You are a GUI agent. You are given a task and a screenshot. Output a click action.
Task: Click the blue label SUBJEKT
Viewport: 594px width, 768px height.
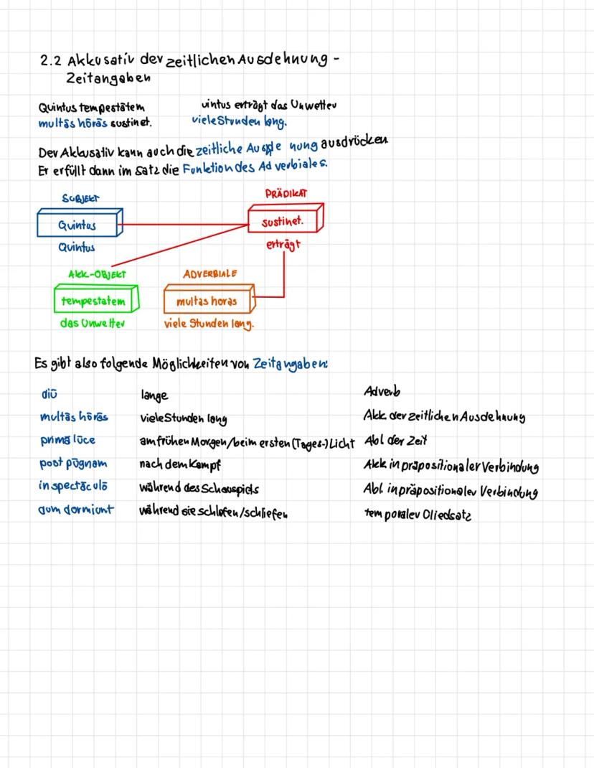[80, 197]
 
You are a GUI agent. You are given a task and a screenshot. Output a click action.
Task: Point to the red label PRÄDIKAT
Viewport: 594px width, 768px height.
[286, 194]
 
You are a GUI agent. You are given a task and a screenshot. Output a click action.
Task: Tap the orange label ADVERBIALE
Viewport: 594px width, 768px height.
[209, 273]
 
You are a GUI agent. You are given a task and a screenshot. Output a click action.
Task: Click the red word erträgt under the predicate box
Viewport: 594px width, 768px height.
[283, 245]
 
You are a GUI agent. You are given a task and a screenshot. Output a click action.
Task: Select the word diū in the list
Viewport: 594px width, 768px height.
[49, 393]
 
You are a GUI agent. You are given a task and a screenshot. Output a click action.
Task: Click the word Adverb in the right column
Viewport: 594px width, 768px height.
[382, 392]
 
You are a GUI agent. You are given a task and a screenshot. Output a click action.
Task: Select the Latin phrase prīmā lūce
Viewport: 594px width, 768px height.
[67, 440]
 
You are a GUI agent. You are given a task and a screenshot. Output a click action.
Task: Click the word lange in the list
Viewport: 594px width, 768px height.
[154, 395]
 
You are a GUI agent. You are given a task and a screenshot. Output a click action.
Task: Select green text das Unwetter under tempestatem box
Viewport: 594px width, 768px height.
[93, 324]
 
